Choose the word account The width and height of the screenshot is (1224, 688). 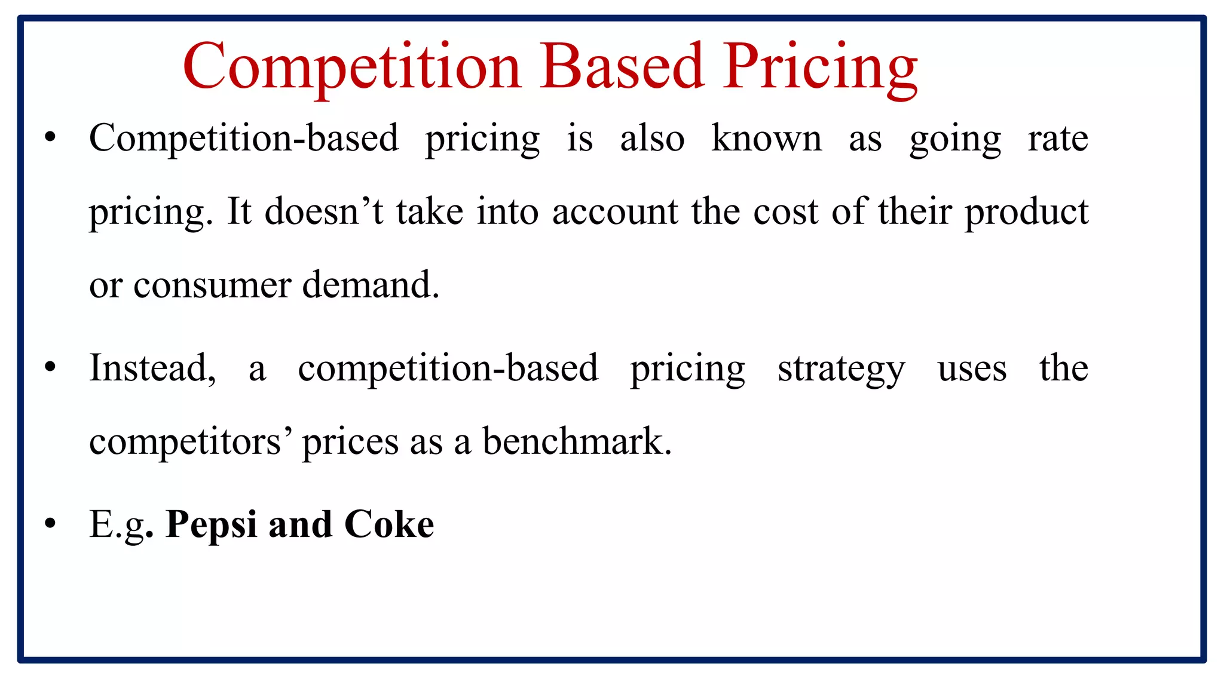[x=615, y=213]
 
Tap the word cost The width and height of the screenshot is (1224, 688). [x=785, y=213]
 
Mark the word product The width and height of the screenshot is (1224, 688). [x=1027, y=213]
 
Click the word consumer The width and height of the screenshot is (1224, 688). [x=212, y=285]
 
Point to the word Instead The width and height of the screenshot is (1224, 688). [x=152, y=368]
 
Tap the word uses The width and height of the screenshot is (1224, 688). [x=972, y=369]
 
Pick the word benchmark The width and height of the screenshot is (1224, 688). [x=577, y=441]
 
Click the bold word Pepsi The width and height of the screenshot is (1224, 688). [x=212, y=526]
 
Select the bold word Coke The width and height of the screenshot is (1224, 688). [x=389, y=524]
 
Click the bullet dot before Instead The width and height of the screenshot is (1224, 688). [x=50, y=367]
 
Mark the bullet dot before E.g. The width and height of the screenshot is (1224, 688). [x=50, y=524]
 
